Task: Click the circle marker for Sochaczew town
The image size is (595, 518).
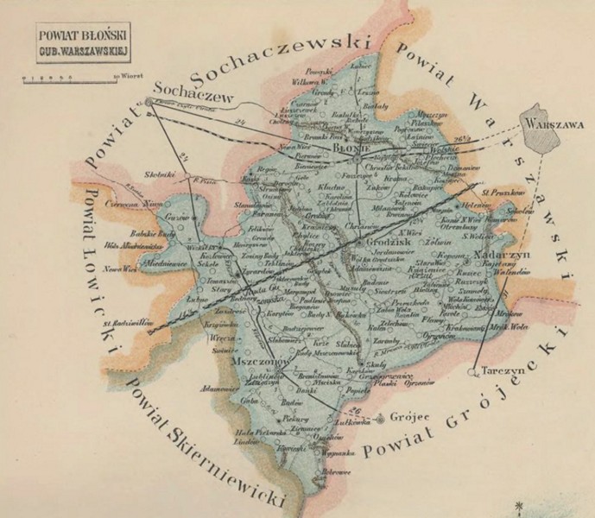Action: [x=149, y=102]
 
